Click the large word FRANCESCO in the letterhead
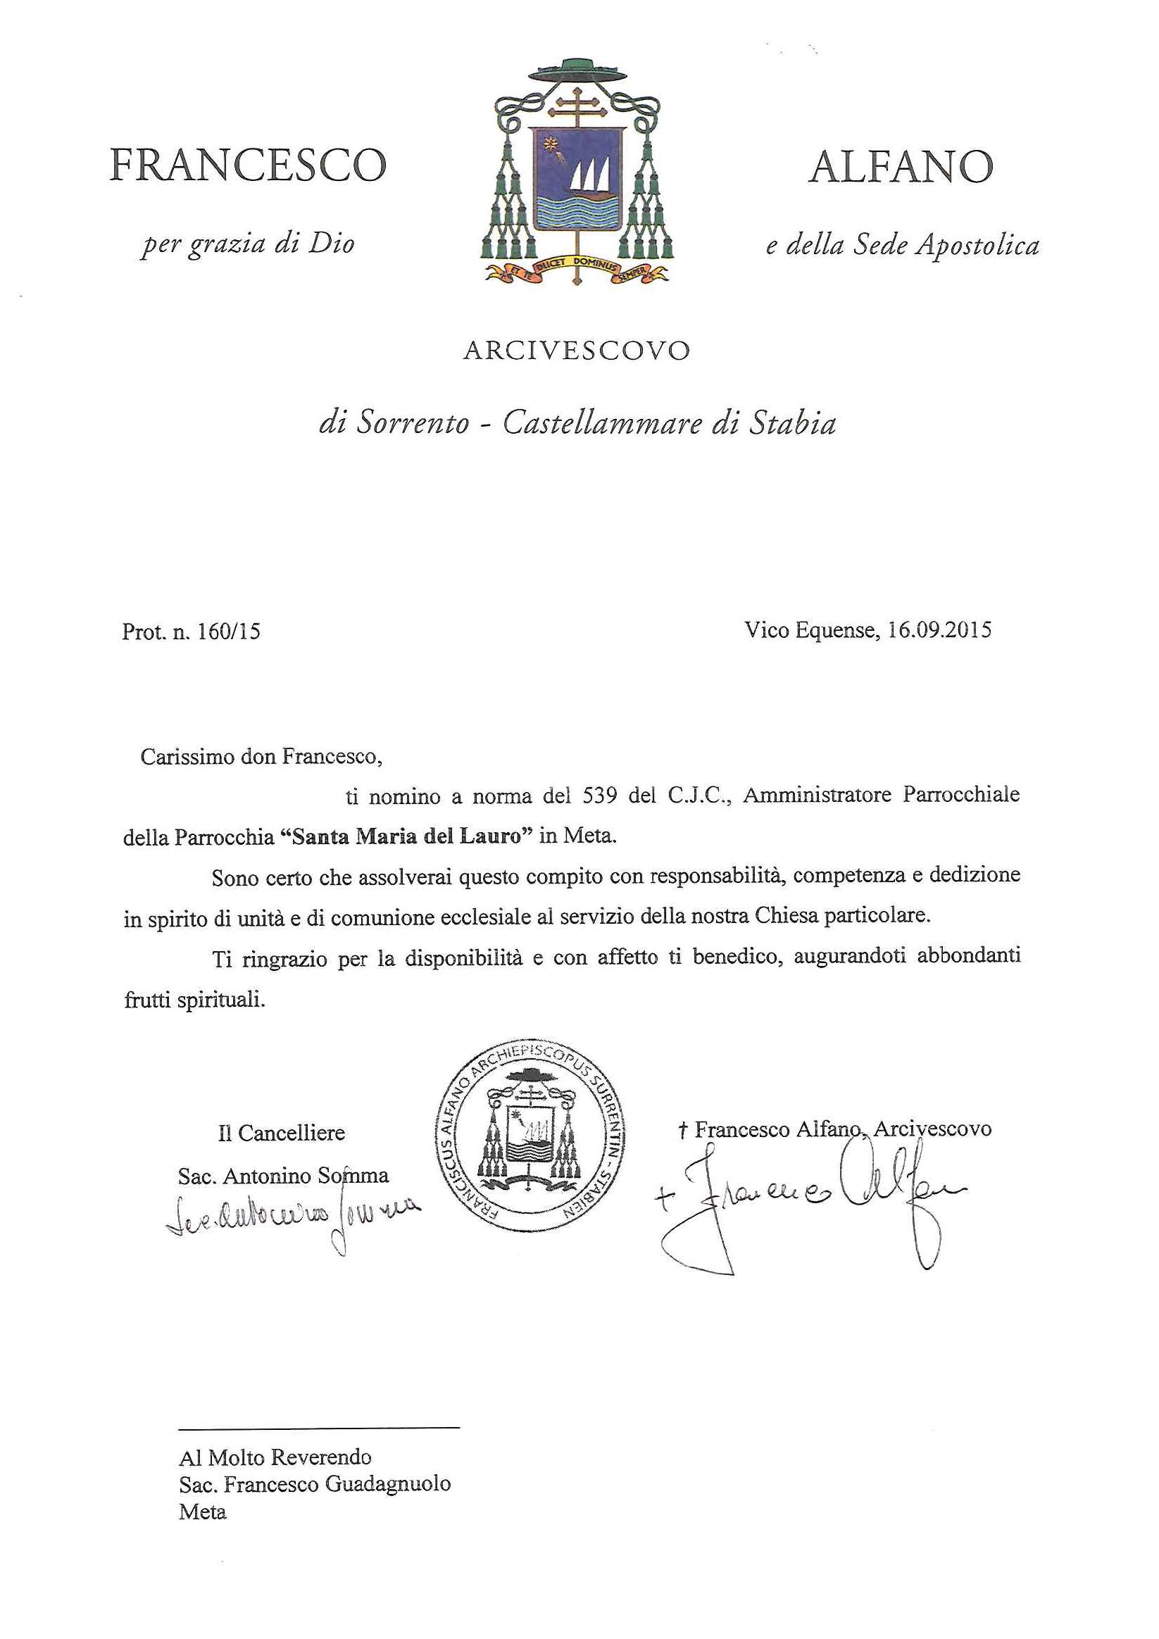[248, 165]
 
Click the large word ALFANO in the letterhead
[901, 166]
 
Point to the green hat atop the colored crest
[577, 70]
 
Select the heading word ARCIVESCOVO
[577, 351]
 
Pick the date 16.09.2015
[940, 629]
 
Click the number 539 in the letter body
[599, 796]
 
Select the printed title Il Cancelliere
[282, 1133]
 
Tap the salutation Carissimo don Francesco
[261, 757]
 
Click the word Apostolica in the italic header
[977, 246]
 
